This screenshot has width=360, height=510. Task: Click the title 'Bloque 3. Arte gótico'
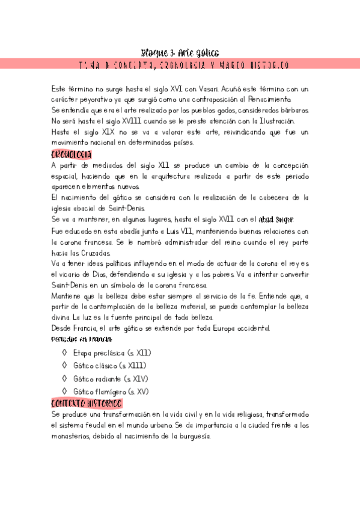coord(180,52)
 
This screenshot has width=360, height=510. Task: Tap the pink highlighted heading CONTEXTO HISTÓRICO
coord(87,403)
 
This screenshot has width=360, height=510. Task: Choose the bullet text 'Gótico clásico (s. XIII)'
coord(109,366)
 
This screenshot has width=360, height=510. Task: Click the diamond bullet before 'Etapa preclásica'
coord(64,353)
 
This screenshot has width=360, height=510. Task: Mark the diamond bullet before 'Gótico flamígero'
coord(64,392)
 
